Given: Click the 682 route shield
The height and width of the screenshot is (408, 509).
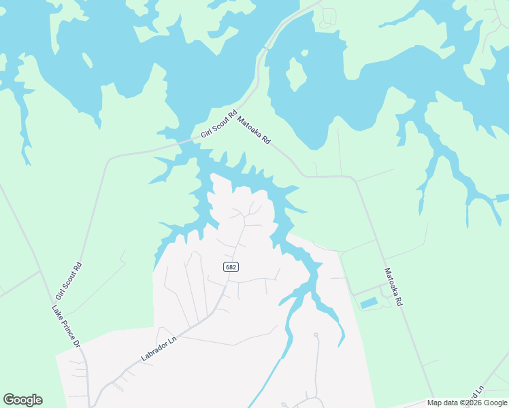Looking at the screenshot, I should click(x=231, y=267).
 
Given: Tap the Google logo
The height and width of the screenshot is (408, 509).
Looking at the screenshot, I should click(x=22, y=400).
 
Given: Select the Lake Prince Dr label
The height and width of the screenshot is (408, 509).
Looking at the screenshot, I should click(x=66, y=327).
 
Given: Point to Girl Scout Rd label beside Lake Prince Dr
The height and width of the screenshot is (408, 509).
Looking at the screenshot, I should click(x=68, y=281).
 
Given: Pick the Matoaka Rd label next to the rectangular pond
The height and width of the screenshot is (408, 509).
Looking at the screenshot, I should click(x=393, y=286).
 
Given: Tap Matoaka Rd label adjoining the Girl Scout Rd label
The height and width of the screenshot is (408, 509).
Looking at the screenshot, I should click(x=254, y=131).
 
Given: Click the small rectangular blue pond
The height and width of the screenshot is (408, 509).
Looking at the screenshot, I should click(x=368, y=302).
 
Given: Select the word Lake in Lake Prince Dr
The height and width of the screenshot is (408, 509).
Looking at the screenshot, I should click(x=56, y=311).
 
